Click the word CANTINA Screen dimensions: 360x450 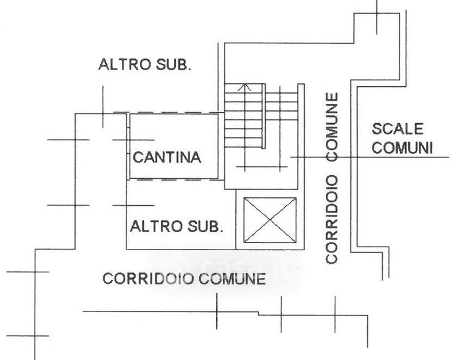point(166,158)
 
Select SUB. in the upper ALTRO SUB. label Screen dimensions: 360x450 point(173,65)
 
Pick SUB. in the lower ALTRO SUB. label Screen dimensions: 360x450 point(205,227)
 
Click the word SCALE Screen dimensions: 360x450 point(398,129)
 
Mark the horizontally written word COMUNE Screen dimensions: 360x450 point(233,279)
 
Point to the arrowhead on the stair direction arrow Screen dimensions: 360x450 point(244,88)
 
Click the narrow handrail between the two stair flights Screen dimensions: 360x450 point(264,117)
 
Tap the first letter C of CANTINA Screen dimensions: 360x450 point(137,158)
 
